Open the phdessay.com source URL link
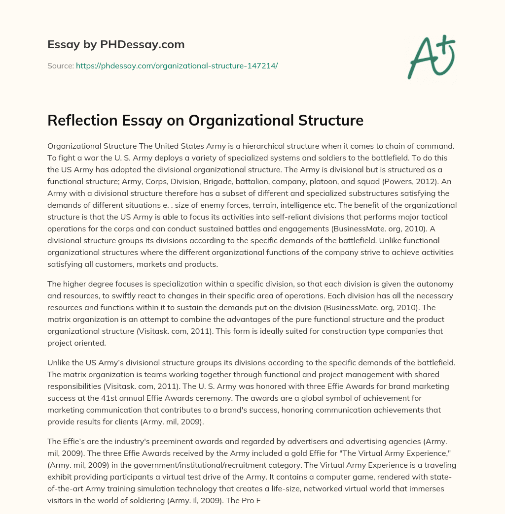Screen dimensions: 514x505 pyautogui.click(x=177, y=65)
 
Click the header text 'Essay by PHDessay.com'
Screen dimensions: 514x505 pyautogui.click(x=116, y=44)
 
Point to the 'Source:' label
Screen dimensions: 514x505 pyautogui.click(x=60, y=65)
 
